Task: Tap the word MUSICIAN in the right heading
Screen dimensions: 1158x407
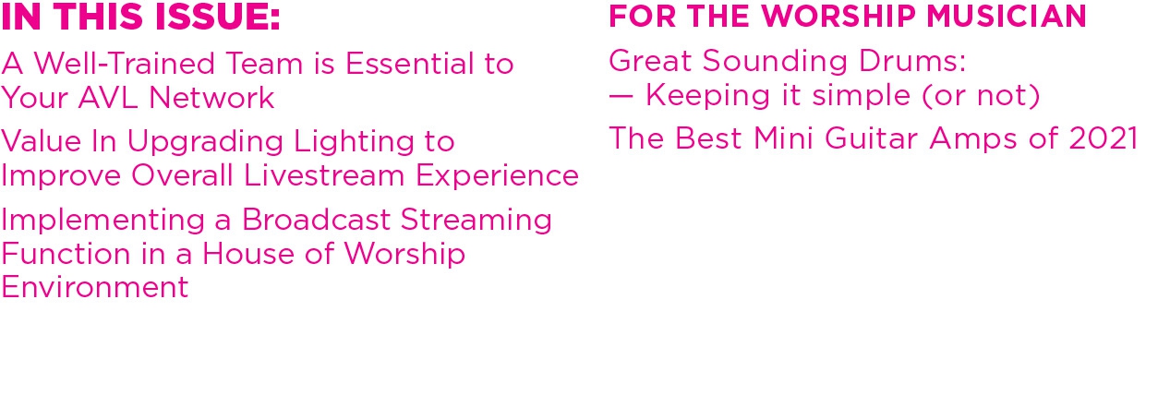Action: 1006,16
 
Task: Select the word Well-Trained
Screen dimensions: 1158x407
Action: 124,64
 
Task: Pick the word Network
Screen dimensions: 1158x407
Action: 211,97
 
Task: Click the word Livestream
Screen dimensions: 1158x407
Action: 323,175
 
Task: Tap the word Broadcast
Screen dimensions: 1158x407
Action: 316,220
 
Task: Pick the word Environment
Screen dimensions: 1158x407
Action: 94,287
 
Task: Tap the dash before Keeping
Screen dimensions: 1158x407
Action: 621,97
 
